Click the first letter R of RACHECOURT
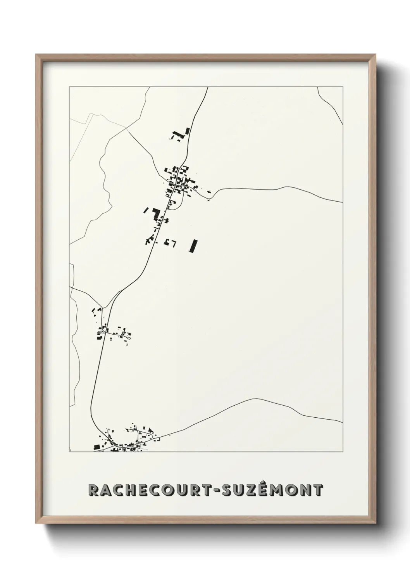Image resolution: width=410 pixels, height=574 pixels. [x=93, y=490]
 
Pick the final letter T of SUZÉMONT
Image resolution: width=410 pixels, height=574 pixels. [x=318, y=490]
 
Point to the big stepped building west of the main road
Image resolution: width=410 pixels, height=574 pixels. [x=157, y=214]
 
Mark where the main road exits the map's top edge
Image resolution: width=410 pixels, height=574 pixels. [x=208, y=88]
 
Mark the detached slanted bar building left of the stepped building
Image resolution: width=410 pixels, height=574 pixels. [x=146, y=210]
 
